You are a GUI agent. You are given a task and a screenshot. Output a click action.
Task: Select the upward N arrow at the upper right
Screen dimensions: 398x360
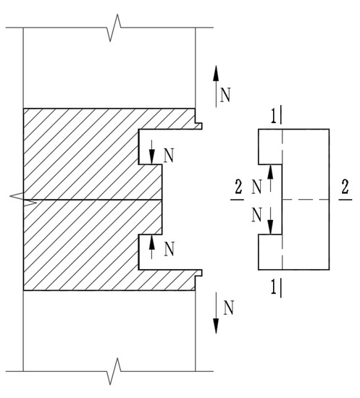[216, 82]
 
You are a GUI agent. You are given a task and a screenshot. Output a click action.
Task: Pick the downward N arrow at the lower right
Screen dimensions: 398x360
[216, 314]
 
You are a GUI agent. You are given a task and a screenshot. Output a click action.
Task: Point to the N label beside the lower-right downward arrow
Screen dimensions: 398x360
[227, 309]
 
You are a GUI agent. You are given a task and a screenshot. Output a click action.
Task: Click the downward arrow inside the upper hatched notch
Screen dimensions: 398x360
[152, 151]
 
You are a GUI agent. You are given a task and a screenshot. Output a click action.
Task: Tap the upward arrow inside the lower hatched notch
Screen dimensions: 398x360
[152, 246]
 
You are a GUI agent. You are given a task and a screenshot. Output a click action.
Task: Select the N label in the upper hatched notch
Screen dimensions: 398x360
[168, 156]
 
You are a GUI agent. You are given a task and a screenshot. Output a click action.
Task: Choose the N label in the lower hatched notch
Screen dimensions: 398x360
[168, 249]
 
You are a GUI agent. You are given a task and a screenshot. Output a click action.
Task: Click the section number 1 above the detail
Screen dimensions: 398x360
[272, 116]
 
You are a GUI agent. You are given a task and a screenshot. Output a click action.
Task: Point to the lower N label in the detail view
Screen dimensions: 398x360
[256, 214]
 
